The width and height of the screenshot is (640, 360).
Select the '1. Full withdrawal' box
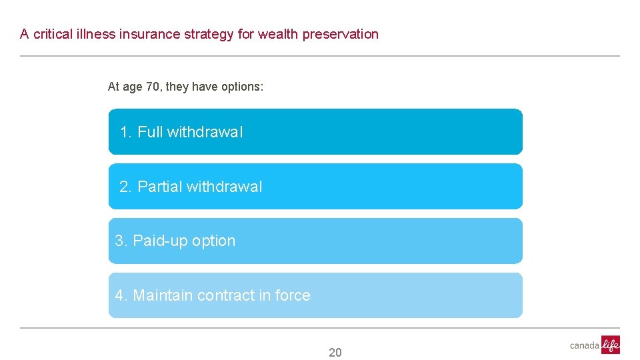point(315,132)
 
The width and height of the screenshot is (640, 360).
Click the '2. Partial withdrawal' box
point(315,187)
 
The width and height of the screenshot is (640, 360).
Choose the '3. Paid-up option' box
point(315,241)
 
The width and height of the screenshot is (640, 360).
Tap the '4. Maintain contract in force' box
point(315,295)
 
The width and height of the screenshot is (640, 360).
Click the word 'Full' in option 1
point(150,132)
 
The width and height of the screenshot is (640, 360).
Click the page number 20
point(335,353)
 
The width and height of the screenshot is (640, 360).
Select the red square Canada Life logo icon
point(611,345)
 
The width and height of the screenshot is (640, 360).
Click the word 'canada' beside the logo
point(585,345)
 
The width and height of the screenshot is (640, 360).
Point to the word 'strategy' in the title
point(209,34)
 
